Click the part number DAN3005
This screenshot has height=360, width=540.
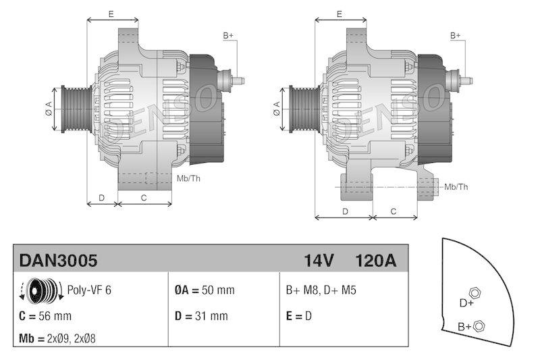[x=59, y=260]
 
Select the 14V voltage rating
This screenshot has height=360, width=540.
[x=319, y=260]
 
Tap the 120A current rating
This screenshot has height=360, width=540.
[x=375, y=260]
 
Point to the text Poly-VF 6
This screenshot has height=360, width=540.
[x=89, y=290]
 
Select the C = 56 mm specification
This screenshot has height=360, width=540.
[x=46, y=315]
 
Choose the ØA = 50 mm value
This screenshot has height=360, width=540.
[x=205, y=290]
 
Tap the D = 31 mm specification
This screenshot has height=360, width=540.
[x=201, y=315]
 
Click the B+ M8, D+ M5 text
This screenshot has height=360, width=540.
[x=321, y=290]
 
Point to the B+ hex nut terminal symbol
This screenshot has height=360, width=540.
[x=479, y=327]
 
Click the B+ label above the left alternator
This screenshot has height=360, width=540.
[x=228, y=35]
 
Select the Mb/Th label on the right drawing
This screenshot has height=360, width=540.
[x=456, y=186]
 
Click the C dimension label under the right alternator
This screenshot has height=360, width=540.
[x=394, y=211]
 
